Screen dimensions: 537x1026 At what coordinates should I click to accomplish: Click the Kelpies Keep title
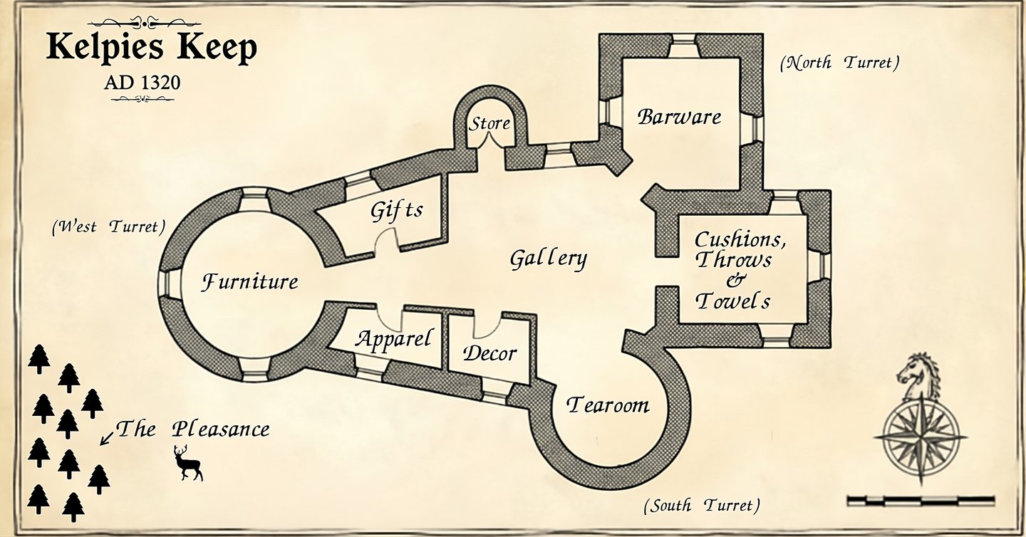(151, 48)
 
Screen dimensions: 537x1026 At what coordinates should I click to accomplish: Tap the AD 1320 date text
(142, 83)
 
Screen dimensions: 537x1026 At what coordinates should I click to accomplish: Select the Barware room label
(679, 117)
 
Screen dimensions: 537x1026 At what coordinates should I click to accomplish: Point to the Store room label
(489, 123)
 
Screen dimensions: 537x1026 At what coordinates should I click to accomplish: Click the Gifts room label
(396, 211)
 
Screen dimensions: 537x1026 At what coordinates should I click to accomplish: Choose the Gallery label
(548, 259)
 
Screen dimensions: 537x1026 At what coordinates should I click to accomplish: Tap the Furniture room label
(249, 282)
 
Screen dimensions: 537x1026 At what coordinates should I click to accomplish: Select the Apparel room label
(393, 339)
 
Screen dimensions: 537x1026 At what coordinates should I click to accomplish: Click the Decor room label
(489, 353)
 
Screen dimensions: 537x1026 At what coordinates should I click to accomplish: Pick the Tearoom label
(608, 405)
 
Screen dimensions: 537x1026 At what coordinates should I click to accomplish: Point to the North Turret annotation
(839, 63)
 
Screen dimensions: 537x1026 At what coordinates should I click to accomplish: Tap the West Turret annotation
(108, 227)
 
